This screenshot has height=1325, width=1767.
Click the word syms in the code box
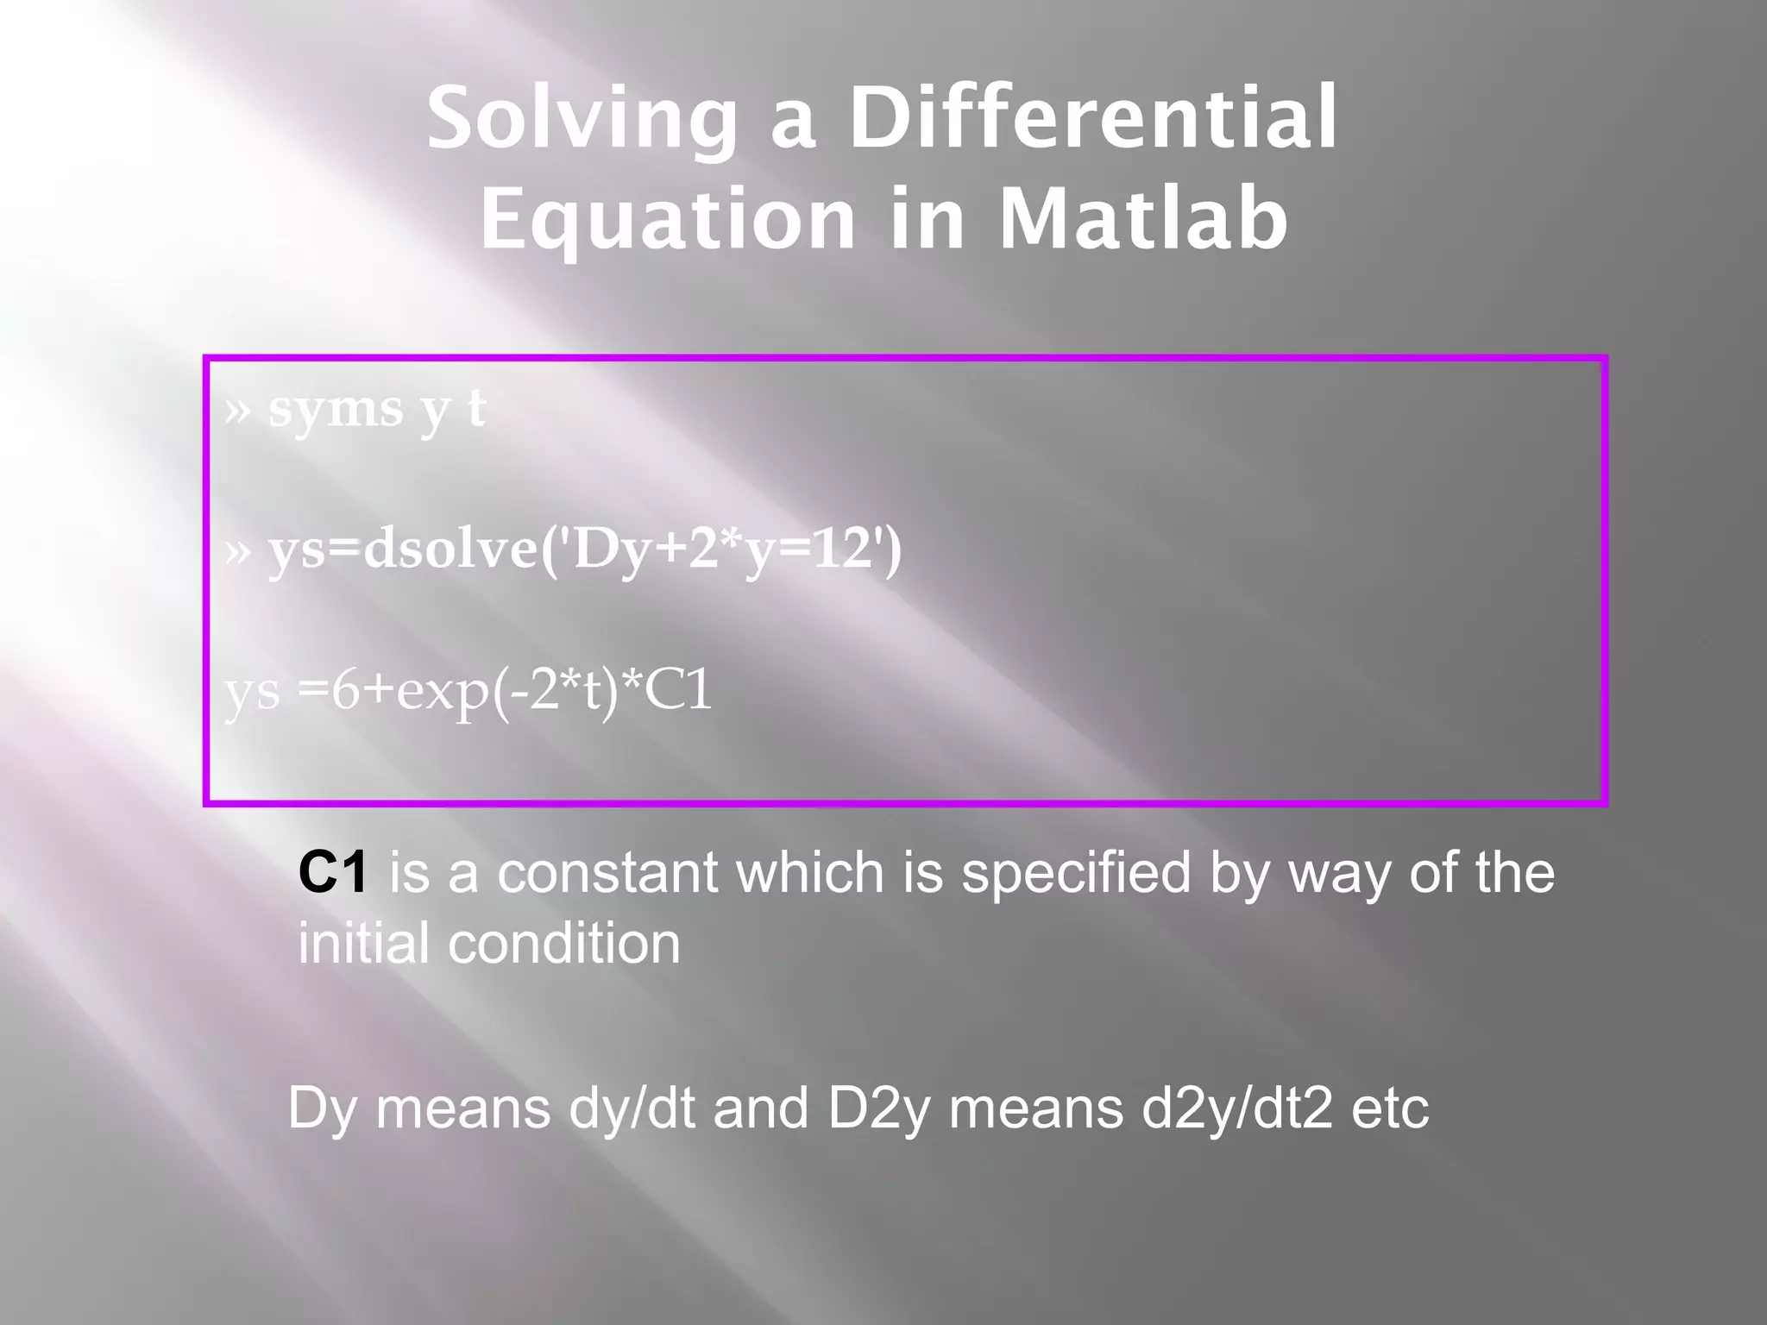click(x=336, y=409)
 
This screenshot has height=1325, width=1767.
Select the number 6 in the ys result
click(x=344, y=690)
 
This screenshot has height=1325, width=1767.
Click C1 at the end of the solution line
click(x=678, y=690)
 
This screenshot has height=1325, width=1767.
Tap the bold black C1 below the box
click(x=333, y=872)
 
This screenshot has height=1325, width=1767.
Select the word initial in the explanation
click(x=363, y=942)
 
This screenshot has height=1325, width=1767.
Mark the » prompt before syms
click(x=237, y=411)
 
